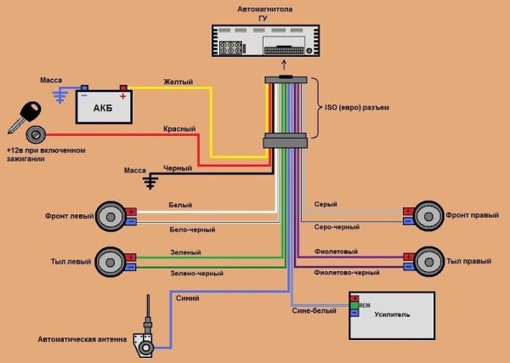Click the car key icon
(23, 115)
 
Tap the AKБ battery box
(104, 106)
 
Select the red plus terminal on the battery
(124, 88)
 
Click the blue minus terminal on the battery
(84, 88)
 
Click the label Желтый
(178, 82)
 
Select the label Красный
(180, 128)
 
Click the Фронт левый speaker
(110, 216)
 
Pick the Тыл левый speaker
(110, 261)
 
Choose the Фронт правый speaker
(427, 216)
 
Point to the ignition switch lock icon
(35, 134)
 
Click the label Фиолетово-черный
(347, 273)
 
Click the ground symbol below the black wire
(151, 181)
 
